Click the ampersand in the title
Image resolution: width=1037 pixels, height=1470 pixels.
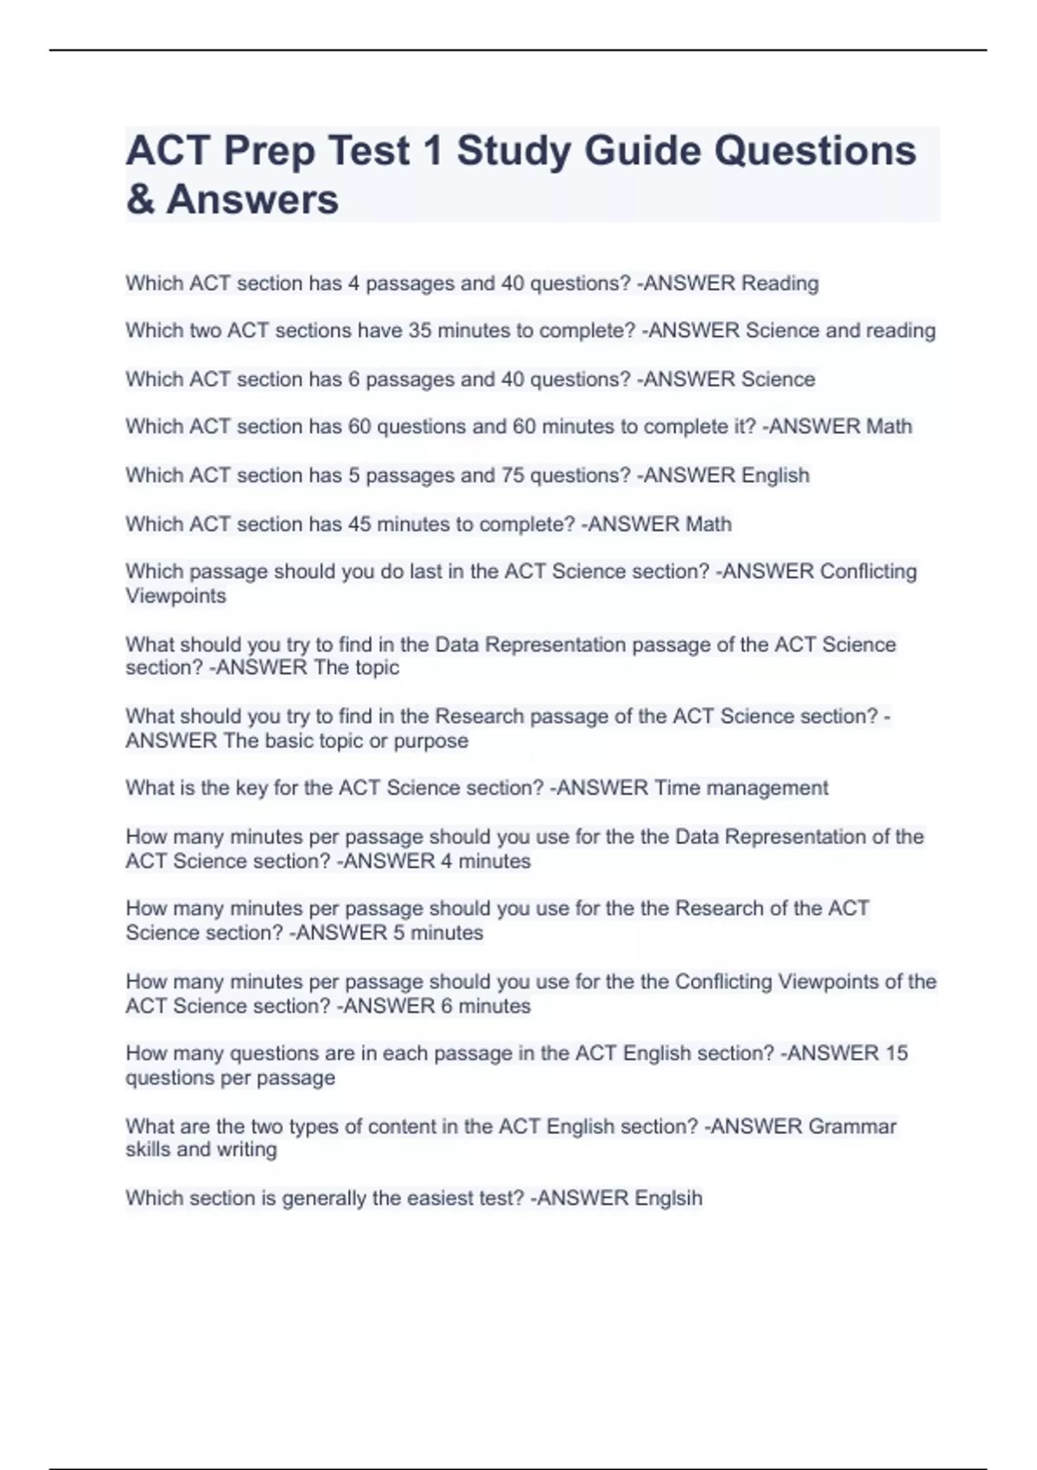(x=141, y=200)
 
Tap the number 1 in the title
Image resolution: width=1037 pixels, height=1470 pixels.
(x=433, y=150)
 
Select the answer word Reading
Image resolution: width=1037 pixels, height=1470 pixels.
(x=780, y=283)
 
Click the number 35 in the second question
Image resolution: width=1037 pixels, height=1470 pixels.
(x=420, y=330)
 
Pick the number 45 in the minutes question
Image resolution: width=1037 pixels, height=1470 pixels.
(x=359, y=524)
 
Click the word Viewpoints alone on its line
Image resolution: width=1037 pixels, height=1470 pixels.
(x=175, y=596)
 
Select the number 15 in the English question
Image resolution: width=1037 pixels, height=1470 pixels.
(x=896, y=1053)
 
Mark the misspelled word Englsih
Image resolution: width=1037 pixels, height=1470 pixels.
(x=668, y=1198)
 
